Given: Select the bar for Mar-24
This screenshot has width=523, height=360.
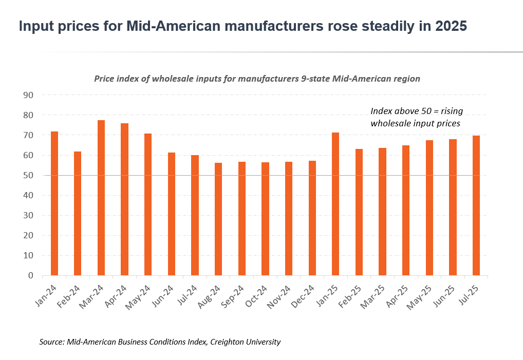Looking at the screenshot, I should click(101, 198).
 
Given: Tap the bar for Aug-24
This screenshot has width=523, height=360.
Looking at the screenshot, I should click(218, 219).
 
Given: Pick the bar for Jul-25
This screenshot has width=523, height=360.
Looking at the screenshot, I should click(476, 205).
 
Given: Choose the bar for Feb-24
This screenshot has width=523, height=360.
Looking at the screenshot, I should click(78, 213).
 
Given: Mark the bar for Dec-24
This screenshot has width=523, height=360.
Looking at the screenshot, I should click(312, 218).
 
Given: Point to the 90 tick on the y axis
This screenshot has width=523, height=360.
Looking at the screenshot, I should click(28, 96).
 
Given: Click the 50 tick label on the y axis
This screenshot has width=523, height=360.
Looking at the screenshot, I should click(28, 176).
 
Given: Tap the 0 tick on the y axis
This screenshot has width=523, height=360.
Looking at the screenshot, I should click(30, 276).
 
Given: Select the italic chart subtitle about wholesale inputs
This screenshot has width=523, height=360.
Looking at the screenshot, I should click(257, 79).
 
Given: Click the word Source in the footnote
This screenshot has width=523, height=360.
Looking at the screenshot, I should click(51, 342).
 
